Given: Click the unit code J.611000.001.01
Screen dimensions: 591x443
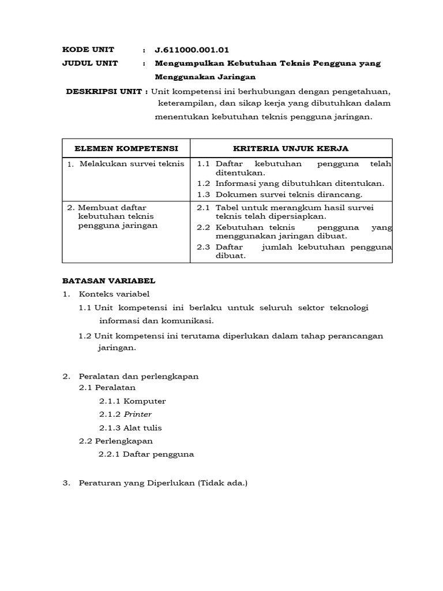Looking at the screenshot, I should tap(188, 50).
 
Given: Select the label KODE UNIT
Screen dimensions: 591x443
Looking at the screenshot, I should tap(88, 50).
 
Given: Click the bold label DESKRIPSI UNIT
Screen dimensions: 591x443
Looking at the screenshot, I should tap(107, 91).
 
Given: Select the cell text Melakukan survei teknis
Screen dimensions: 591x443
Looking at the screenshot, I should tap(132, 163).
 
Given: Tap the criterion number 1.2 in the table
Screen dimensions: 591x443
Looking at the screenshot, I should tap(204, 184).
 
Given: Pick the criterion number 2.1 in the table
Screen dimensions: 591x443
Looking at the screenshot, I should tap(203, 207).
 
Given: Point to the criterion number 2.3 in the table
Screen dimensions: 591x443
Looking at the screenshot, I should tap(203, 247).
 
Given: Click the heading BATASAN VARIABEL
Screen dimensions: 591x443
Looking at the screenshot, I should tap(109, 281).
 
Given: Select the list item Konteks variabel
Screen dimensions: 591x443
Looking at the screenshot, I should tap(114, 294).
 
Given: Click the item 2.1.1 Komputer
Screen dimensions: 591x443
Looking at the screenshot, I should tap(132, 401).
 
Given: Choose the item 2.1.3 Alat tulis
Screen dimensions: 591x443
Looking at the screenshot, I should tap(130, 428).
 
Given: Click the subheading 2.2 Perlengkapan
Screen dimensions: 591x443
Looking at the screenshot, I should tap(116, 441).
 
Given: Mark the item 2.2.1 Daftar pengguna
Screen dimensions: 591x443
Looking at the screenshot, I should tap(146, 454).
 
